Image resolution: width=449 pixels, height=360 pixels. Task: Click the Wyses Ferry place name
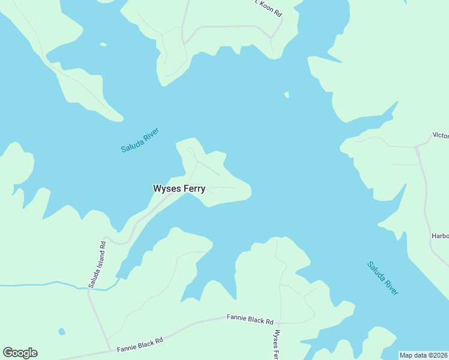[x=179, y=188]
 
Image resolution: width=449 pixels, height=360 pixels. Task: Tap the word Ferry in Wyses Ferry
[x=192, y=188]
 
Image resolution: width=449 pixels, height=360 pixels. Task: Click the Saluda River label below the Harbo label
[x=383, y=278]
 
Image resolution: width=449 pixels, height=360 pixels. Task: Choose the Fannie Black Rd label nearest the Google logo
[x=140, y=344]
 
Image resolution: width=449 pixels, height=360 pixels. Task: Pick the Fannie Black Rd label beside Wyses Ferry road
[x=250, y=319]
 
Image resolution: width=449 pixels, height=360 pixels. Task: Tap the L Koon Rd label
[x=268, y=8]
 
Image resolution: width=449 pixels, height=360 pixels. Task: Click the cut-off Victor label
[x=440, y=136]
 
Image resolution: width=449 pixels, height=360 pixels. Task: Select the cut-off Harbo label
[x=439, y=236]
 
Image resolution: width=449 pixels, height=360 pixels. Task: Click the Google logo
[x=20, y=353]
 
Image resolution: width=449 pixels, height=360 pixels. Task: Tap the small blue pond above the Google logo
[x=62, y=331]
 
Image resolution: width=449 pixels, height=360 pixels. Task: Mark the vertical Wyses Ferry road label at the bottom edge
[x=277, y=344]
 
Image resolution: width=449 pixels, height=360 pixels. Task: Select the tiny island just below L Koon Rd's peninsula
[x=287, y=95]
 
